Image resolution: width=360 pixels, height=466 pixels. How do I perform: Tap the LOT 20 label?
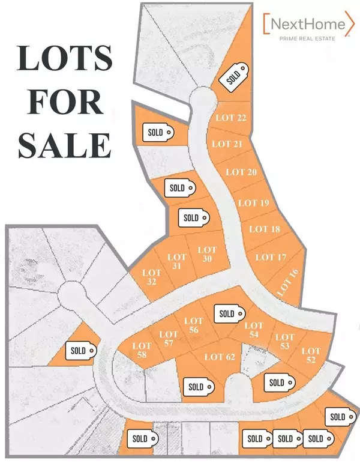point(241,172)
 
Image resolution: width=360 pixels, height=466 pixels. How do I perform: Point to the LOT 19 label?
point(253,203)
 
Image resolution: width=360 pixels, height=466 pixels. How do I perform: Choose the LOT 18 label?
point(265,229)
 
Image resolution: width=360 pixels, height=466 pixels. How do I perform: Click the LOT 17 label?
point(272,257)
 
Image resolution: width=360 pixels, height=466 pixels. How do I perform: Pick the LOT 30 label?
point(206,254)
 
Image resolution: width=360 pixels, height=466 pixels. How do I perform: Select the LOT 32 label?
point(151,276)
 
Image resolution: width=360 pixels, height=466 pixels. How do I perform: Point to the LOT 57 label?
point(169,339)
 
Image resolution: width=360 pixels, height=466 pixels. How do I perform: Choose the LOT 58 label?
point(142,350)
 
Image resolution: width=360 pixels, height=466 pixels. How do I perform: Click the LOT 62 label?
point(219,357)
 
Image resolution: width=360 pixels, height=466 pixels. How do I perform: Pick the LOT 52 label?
point(311,355)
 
